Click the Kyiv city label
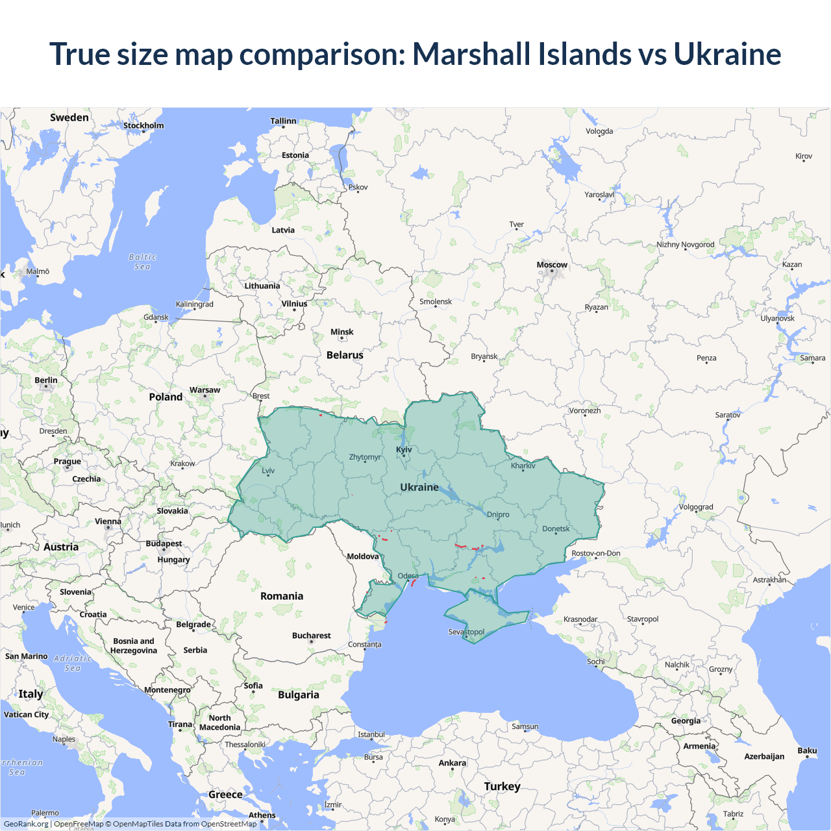coord(404,449)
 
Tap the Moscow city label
coord(552,265)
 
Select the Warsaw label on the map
coord(205,390)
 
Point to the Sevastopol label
coord(466,632)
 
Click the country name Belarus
coord(345,355)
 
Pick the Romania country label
coord(282,596)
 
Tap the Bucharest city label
coord(312,636)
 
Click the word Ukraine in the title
coord(727,54)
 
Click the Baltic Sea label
coord(143,262)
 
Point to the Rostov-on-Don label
coord(595,554)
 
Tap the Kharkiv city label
coord(523,465)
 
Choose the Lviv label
coord(268,471)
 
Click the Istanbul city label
coord(371,735)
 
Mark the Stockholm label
coord(143,125)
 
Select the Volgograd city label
coord(696,507)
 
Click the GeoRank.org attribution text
coord(26,824)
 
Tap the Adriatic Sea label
coord(73,663)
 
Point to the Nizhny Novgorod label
coord(685,245)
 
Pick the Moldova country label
coord(362,556)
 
